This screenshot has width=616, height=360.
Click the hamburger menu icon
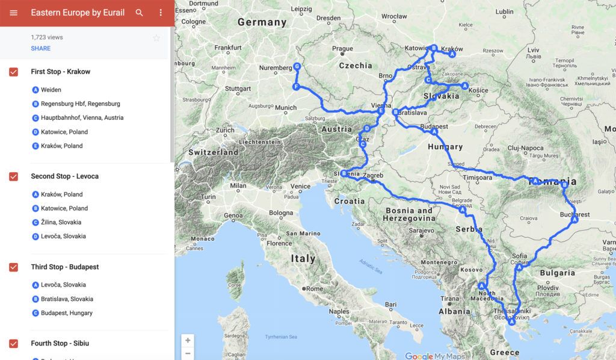[13, 13]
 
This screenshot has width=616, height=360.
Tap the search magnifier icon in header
[140, 13]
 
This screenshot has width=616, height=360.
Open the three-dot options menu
[161, 13]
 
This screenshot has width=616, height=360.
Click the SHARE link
[41, 48]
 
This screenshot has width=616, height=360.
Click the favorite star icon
[156, 38]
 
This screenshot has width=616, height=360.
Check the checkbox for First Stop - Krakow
[13, 72]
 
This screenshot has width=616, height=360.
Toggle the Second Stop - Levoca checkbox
[13, 176]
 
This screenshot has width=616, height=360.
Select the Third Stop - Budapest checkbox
[13, 267]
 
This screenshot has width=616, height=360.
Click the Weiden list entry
[51, 90]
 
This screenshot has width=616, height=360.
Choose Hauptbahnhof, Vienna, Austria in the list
[82, 118]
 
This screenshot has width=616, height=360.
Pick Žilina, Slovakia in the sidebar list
[61, 222]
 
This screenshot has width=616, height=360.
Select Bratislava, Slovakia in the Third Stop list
[67, 299]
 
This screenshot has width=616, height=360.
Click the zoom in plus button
[188, 340]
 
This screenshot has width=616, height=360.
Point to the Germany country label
[262, 22]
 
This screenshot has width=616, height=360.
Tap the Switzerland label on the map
[214, 152]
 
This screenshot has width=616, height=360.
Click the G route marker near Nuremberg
[297, 67]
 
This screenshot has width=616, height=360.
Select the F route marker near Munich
[296, 87]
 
